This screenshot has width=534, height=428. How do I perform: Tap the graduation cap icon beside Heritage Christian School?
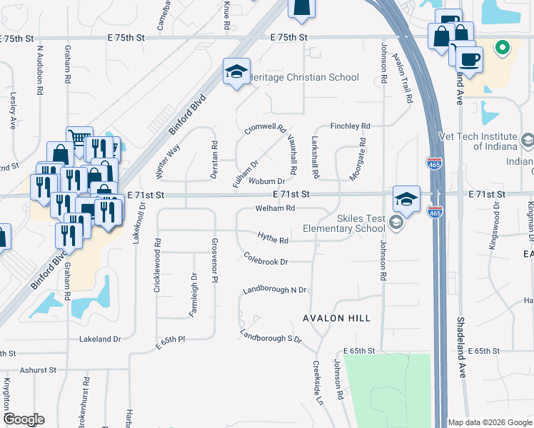(236, 71)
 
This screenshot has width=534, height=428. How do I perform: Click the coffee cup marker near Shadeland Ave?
(468, 59)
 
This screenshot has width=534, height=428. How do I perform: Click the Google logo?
(24, 419)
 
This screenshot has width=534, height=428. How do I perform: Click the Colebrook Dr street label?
(266, 258)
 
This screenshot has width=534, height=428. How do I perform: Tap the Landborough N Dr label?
(274, 290)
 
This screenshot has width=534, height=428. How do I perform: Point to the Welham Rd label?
(275, 208)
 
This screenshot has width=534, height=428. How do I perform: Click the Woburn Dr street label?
(266, 181)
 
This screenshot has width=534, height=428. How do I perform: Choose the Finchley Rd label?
(350, 126)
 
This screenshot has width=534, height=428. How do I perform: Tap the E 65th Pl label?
(171, 345)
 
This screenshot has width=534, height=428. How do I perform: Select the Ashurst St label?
(38, 370)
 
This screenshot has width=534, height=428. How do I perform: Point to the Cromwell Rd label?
(265, 129)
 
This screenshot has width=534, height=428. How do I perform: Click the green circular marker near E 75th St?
(503, 48)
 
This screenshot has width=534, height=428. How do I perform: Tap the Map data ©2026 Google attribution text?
(490, 422)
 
